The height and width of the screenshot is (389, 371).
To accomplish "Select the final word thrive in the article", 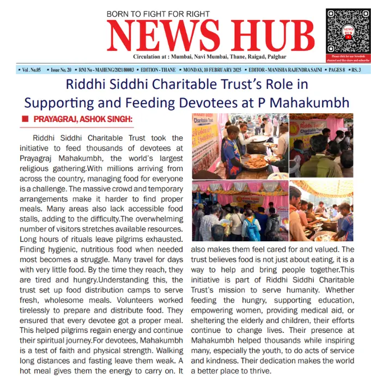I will click(x=259, y=372).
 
